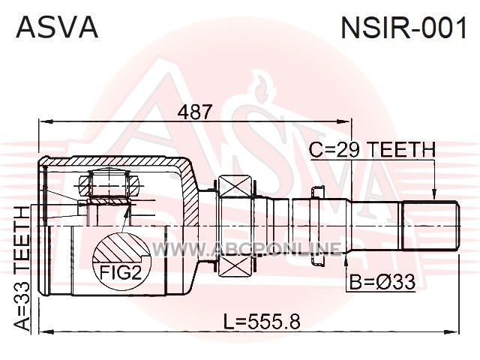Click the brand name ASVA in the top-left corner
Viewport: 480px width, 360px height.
click(x=57, y=27)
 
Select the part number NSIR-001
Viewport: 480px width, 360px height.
click(x=404, y=28)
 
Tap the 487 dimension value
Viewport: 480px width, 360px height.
click(x=195, y=112)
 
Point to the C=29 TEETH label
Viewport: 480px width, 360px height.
click(x=372, y=150)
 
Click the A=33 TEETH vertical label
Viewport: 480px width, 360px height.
click(x=23, y=268)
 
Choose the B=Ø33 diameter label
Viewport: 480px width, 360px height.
click(x=382, y=282)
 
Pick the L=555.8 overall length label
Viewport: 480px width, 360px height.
click(x=262, y=322)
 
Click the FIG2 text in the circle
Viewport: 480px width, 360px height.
click(x=121, y=272)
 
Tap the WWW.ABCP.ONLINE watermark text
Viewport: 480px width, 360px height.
click(x=247, y=249)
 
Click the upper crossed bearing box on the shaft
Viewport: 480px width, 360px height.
click(x=235, y=187)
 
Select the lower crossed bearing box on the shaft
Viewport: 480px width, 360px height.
click(x=235, y=265)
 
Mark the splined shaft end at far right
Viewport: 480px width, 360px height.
click(x=430, y=226)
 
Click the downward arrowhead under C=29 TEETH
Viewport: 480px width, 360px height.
click(x=434, y=193)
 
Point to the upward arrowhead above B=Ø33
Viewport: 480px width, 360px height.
click(x=346, y=258)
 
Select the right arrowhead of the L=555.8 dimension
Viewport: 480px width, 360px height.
click(x=451, y=331)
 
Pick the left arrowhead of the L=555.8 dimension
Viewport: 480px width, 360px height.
click(x=46, y=331)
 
